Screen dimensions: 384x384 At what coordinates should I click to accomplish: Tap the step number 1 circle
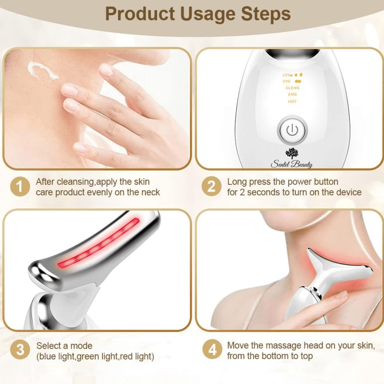point(20,187)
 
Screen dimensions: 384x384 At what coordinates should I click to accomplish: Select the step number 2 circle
point(212,186)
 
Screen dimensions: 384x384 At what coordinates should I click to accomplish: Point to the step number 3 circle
point(20,350)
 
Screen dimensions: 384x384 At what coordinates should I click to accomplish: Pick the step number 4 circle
point(212,350)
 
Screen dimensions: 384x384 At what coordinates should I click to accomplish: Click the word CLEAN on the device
point(292,88)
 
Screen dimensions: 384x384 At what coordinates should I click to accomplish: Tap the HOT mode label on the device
point(292,101)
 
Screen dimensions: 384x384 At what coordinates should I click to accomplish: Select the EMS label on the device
point(292,95)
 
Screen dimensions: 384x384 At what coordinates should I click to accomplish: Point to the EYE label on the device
point(287,81)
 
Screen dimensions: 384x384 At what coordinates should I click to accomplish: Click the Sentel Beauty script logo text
point(292,164)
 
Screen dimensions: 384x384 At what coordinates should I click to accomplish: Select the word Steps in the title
point(266,15)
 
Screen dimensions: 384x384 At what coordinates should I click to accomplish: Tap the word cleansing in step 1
point(75,182)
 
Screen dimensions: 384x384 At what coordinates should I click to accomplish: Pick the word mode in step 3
point(81,346)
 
